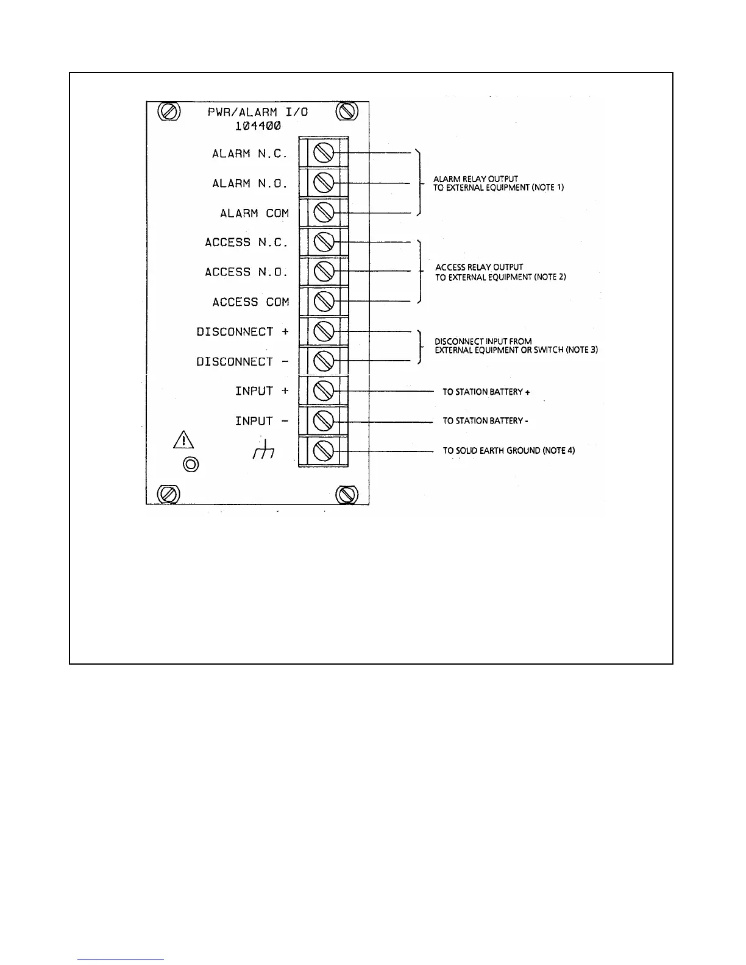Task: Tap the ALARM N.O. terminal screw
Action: click(x=323, y=183)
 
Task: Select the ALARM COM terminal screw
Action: click(x=323, y=213)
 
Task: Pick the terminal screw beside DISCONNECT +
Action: click(x=323, y=331)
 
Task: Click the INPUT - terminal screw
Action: click(x=323, y=421)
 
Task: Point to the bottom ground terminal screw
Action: click(x=323, y=451)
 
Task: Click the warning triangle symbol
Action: click(x=183, y=439)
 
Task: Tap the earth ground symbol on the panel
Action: click(x=263, y=451)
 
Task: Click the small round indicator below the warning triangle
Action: click(x=191, y=464)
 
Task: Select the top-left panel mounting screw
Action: click(x=168, y=112)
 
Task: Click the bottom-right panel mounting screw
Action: click(x=347, y=494)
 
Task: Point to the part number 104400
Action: click(x=258, y=127)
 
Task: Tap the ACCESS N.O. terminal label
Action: click(x=246, y=272)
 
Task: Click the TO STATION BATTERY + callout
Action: click(x=486, y=392)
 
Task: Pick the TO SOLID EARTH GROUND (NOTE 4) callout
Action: click(x=508, y=451)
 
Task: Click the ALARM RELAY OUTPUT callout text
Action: click(x=475, y=179)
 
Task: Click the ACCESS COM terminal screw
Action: click(x=323, y=302)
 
